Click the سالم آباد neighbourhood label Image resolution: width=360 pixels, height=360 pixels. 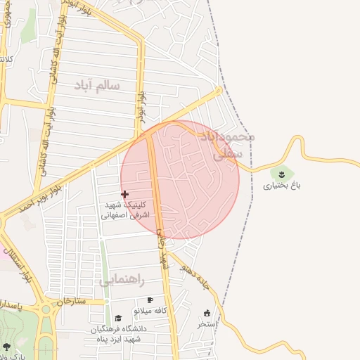[x=97, y=85]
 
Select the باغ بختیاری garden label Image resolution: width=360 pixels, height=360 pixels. [x=282, y=186]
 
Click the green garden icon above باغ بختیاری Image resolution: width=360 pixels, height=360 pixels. [x=282, y=173]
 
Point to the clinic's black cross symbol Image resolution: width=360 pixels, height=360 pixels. [x=125, y=194]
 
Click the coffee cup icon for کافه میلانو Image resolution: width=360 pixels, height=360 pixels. [x=150, y=300]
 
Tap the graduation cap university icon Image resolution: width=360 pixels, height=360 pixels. [x=118, y=319]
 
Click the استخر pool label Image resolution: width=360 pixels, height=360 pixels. [x=207, y=324]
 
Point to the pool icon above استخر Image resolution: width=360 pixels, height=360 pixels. [x=207, y=314]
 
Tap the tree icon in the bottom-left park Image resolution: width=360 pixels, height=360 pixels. [x=6, y=347]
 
